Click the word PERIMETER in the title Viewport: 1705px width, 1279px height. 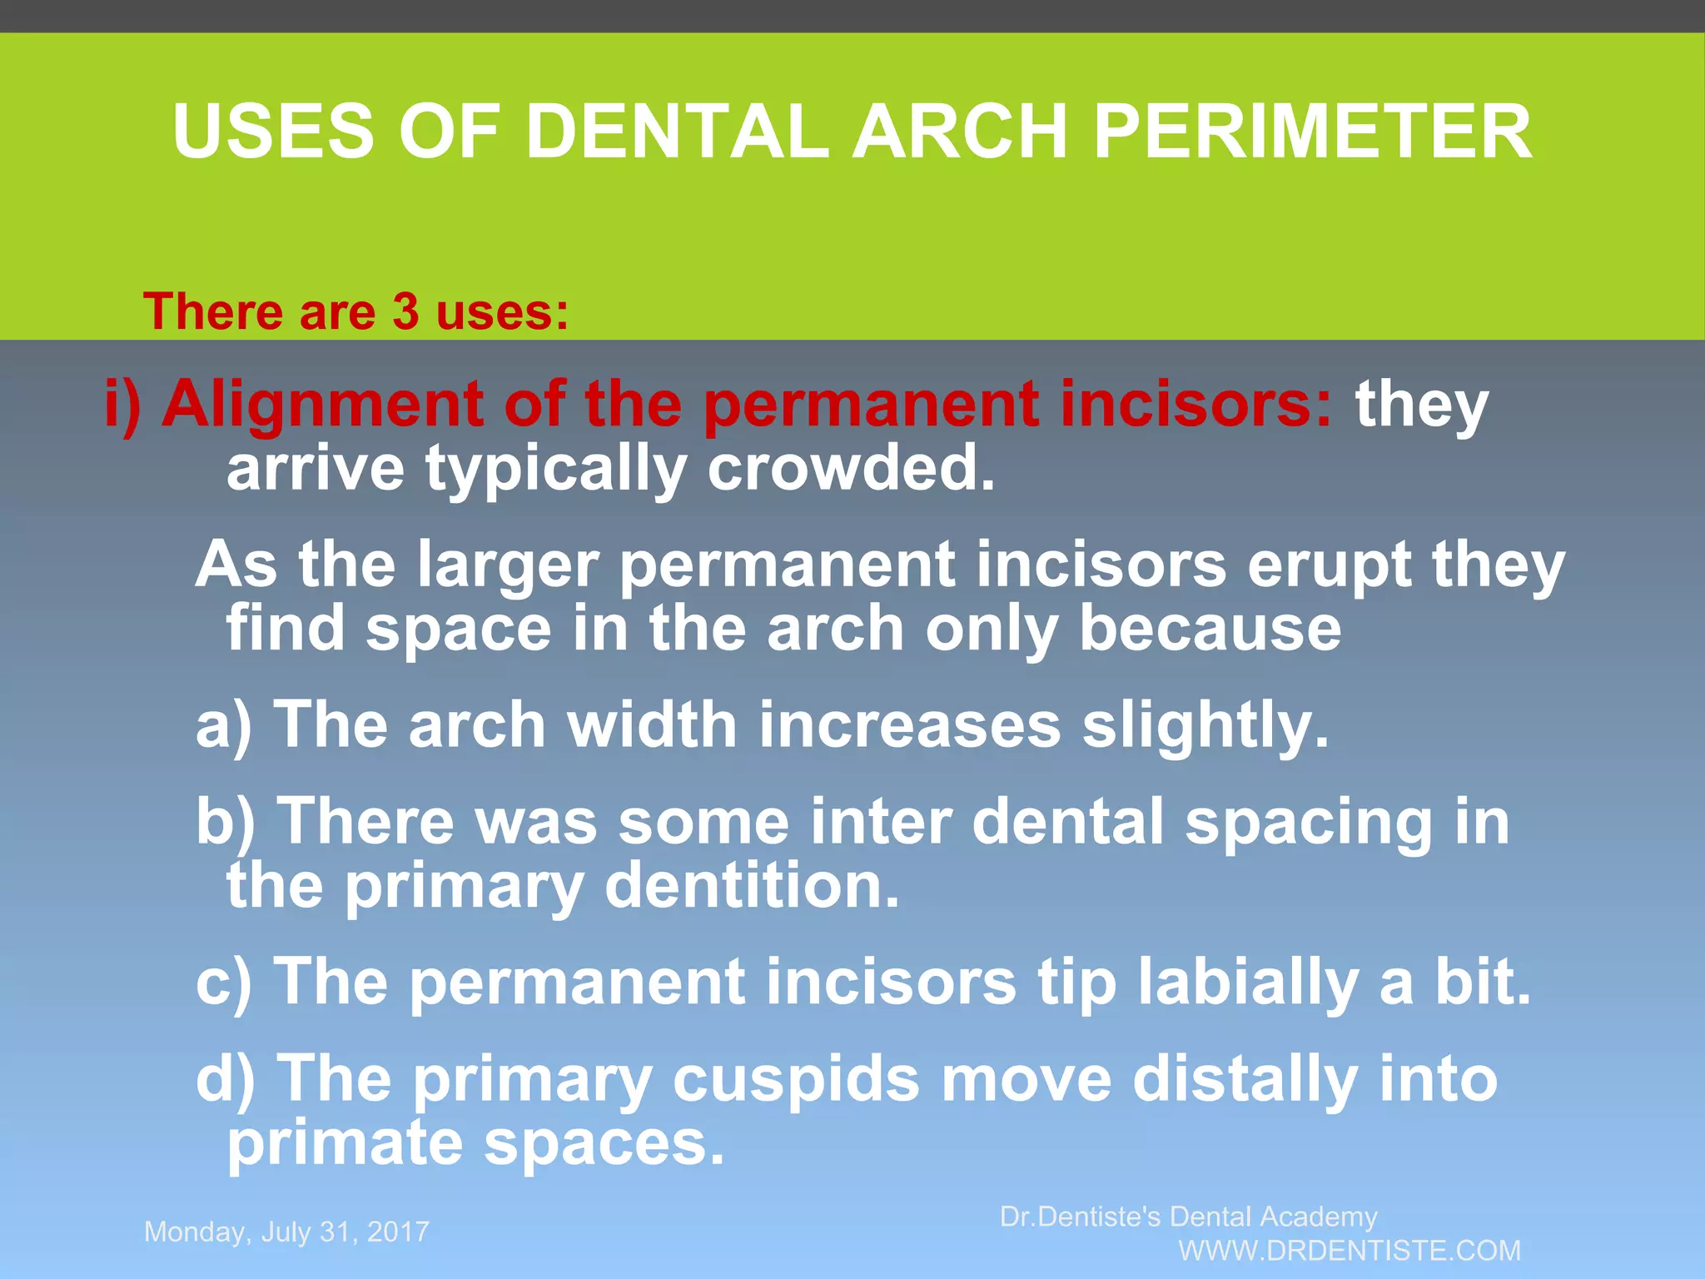(1312, 133)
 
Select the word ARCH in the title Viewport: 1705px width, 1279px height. (961, 133)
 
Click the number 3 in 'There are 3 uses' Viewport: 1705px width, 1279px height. (405, 311)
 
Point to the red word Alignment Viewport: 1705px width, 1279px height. (322, 406)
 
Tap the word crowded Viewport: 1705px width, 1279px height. (851, 469)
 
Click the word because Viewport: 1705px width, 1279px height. (1210, 629)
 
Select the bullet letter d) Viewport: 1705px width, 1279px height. (225, 1079)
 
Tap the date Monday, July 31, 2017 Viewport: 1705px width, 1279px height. (286, 1232)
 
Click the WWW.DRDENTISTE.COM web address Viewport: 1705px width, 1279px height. (1350, 1251)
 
